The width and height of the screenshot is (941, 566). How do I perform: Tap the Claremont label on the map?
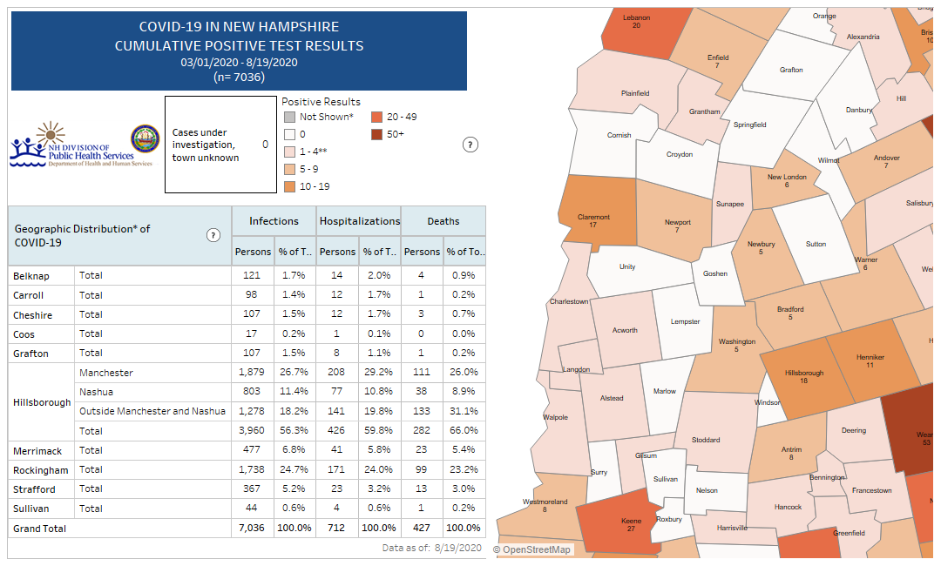(593, 218)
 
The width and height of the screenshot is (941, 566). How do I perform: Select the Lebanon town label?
(636, 17)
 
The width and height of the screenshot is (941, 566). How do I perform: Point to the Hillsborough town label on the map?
(803, 374)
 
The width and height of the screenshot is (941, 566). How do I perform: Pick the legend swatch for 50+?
(376, 134)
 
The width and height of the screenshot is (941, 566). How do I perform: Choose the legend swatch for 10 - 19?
(289, 186)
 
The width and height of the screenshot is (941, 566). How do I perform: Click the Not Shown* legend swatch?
(289, 117)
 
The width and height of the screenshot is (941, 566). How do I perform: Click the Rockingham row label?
(40, 470)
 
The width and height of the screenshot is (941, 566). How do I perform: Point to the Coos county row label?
(24, 334)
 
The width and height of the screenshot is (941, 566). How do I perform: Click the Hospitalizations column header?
(359, 221)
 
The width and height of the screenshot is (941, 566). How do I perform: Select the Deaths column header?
(443, 221)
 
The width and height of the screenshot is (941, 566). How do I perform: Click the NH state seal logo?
(145, 138)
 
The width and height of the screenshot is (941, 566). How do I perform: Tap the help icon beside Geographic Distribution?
(213, 235)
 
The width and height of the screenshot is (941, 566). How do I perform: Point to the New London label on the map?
(787, 177)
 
